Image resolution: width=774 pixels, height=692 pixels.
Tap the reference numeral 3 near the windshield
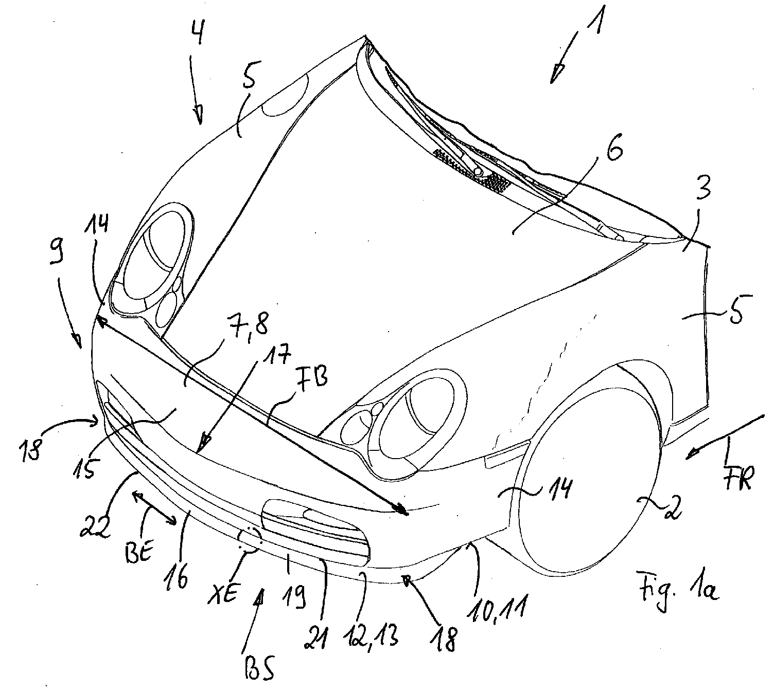(701, 191)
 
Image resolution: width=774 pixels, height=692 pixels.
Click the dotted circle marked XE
(250, 539)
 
